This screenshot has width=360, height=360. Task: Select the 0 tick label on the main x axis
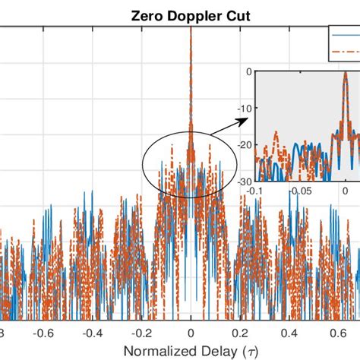191,332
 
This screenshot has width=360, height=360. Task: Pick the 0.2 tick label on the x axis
240,332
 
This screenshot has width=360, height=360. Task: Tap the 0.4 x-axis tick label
289,332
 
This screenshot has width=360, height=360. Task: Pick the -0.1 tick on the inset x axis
261,191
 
